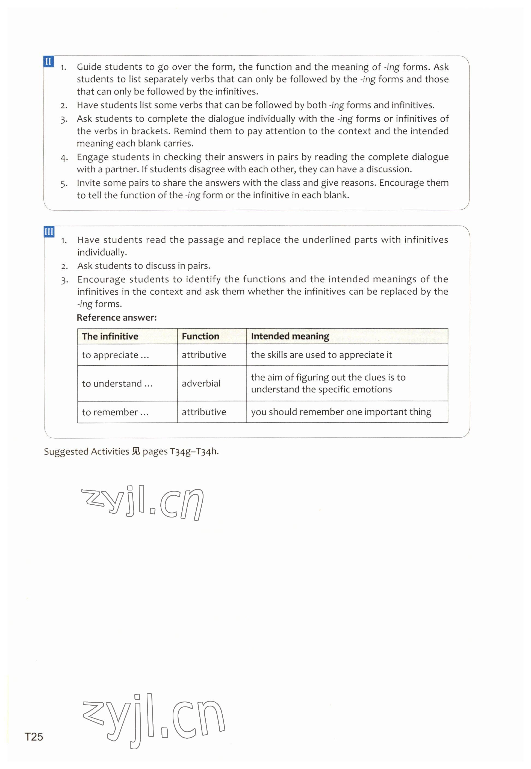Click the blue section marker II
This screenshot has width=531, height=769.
[x=49, y=61]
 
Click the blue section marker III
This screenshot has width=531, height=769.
[x=49, y=232]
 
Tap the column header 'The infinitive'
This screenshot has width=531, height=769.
[x=110, y=336]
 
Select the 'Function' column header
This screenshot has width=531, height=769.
[x=200, y=336]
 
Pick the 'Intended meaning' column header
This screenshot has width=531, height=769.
[x=290, y=336]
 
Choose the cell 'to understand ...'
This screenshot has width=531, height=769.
[x=117, y=383]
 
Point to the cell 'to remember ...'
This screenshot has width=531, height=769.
[x=115, y=412]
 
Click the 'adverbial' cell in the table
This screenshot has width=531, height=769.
[x=201, y=383]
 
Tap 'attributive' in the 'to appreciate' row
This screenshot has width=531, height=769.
[x=203, y=355]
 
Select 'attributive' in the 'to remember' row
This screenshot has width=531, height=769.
[x=203, y=412]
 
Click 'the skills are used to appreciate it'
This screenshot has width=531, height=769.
[x=321, y=355]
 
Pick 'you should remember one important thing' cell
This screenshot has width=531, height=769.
[x=341, y=412]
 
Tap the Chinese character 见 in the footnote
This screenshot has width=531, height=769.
[x=136, y=451]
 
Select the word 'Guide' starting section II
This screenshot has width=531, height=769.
[x=89, y=67]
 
